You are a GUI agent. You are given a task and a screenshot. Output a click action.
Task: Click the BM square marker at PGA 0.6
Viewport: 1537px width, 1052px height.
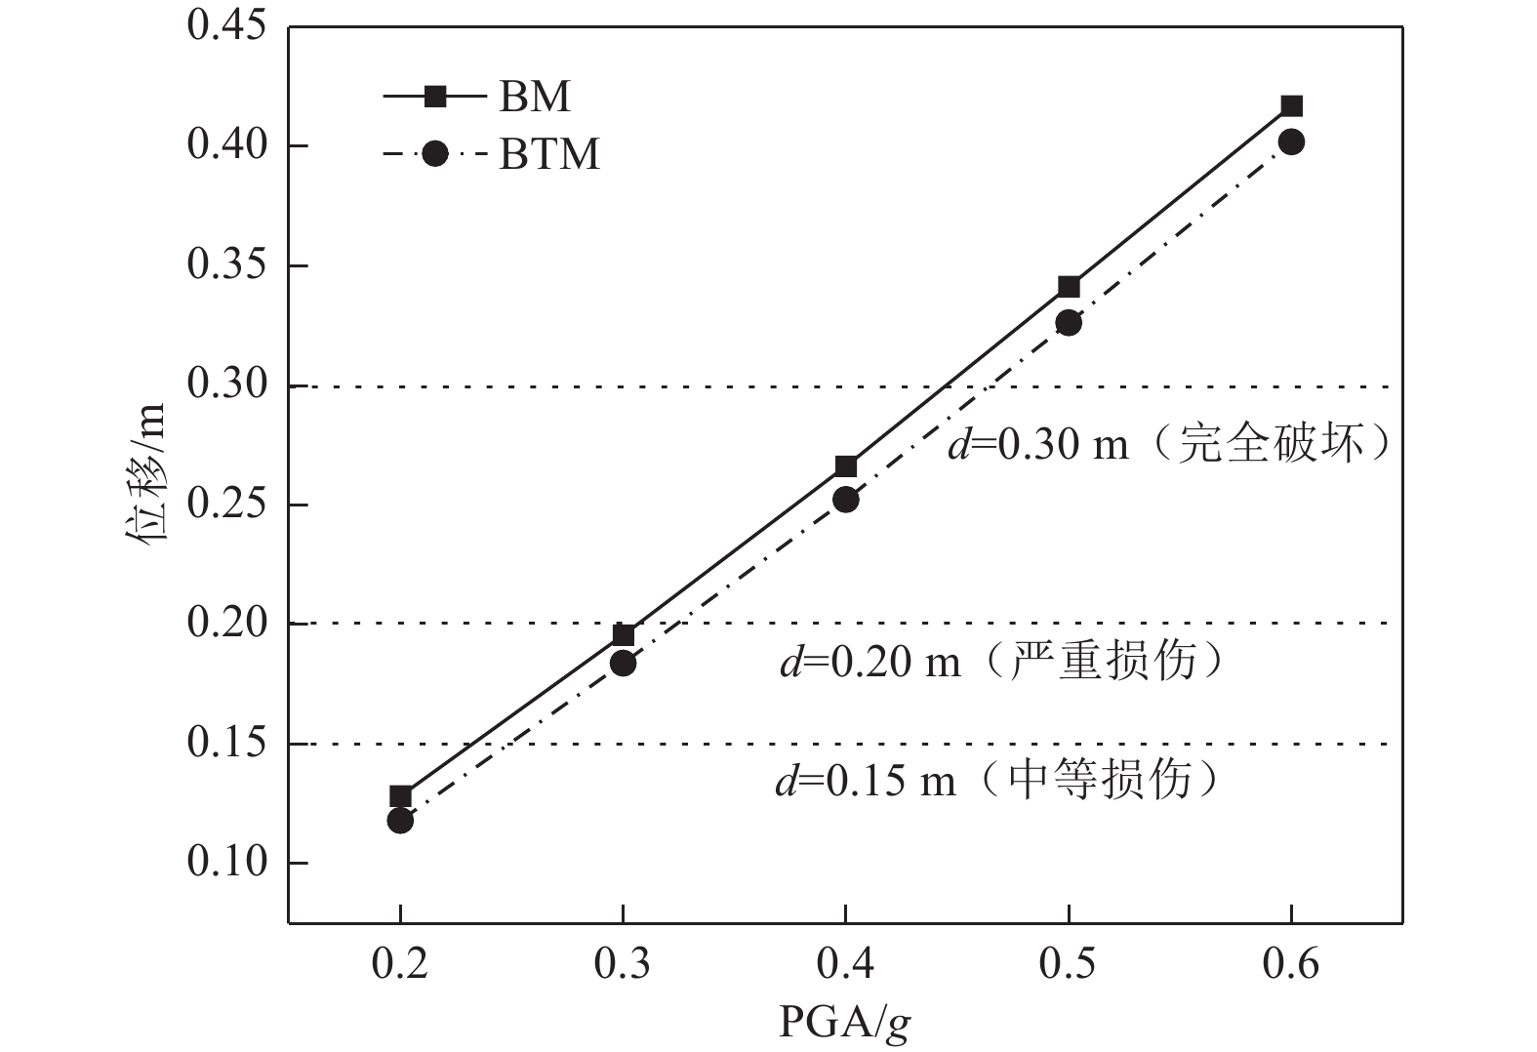(x=1291, y=105)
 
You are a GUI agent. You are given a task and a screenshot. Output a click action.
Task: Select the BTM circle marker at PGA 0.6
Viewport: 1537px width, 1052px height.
(x=1291, y=142)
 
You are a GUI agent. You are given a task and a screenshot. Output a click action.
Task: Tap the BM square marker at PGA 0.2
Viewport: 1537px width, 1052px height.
(x=400, y=796)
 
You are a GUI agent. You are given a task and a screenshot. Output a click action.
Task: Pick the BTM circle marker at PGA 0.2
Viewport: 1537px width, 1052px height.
(x=400, y=821)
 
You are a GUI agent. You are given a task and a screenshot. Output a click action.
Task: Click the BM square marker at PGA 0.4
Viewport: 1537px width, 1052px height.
(x=846, y=466)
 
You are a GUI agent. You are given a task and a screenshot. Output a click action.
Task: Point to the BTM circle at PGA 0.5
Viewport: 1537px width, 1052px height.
(x=1069, y=323)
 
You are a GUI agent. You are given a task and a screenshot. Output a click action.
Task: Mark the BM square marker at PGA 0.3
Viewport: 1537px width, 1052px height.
(x=623, y=636)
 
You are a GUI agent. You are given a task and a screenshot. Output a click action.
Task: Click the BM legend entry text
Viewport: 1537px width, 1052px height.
(x=535, y=97)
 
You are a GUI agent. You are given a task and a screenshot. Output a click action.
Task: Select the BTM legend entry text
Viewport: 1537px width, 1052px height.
(x=549, y=154)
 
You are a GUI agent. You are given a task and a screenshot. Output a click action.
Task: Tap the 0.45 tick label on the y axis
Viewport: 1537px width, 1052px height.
(x=226, y=27)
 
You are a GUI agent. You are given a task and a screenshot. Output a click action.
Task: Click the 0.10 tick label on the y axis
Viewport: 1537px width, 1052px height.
(x=226, y=863)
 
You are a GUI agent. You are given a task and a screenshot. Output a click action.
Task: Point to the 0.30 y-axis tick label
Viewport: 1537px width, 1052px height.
(x=226, y=385)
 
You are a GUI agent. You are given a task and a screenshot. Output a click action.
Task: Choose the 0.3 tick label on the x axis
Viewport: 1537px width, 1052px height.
(x=623, y=964)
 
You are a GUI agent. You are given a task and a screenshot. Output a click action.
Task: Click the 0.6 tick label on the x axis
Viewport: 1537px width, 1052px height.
(x=1291, y=964)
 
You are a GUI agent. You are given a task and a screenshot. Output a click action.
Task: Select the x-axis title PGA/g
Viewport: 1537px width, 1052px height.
(x=845, y=1023)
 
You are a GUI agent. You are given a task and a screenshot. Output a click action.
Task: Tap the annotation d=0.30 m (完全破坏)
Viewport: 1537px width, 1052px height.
(x=1169, y=445)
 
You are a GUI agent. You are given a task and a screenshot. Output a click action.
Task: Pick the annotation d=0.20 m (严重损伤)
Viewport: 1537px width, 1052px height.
(x=1001, y=663)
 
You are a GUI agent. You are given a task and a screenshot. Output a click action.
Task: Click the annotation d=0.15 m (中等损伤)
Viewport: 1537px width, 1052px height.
(x=997, y=781)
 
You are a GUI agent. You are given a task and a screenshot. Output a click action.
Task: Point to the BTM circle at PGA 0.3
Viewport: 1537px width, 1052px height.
(x=623, y=664)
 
